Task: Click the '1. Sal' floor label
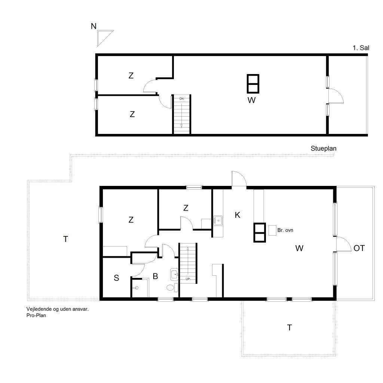coord(361,48)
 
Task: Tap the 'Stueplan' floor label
coord(324,148)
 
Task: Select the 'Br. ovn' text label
coord(285,230)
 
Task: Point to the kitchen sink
coord(218,221)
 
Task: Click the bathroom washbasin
coord(174,274)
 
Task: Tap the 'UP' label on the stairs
coord(188,279)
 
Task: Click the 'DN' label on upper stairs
coord(181,99)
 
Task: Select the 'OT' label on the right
coord(359,248)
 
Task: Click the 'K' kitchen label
coord(238,215)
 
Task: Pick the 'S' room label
coord(116,278)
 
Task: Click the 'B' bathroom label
coord(155,276)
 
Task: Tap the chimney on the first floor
coord(253,83)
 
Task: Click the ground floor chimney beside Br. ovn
coord(260,233)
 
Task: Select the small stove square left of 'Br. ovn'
coord(272,230)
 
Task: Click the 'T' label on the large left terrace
coord(65,239)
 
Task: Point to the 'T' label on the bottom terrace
coord(289,328)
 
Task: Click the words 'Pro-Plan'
coord(36,315)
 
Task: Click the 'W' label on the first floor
coord(252,100)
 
